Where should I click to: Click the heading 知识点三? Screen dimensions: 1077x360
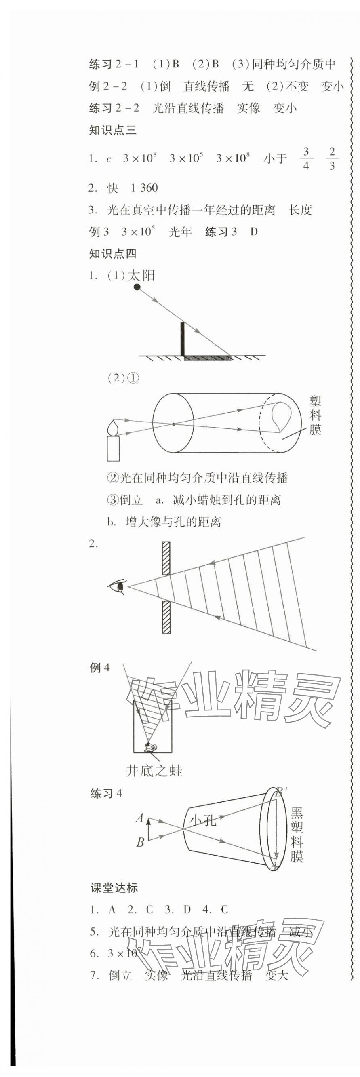113,131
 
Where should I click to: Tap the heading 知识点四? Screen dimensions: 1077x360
113,253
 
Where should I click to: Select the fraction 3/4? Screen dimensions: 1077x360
306,158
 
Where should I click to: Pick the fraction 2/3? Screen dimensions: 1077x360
332,158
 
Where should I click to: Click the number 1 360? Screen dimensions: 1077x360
144,188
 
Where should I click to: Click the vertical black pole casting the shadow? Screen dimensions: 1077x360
182,339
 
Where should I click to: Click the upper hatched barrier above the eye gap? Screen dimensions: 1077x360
166,558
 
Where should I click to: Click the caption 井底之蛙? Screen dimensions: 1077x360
154,771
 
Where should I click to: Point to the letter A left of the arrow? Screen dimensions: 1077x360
140,818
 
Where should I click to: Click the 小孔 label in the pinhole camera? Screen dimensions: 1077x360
203,820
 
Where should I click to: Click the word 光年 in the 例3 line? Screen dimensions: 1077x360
180,232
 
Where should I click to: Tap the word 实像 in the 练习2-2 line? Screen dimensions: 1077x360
248,108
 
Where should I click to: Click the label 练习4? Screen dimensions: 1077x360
106,793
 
